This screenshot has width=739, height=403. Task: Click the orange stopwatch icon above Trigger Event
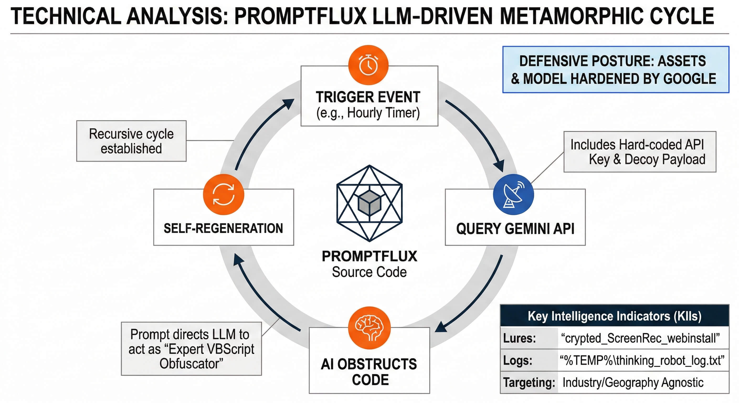368,65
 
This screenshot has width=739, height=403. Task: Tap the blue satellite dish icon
514,194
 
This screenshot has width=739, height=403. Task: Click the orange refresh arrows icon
224,194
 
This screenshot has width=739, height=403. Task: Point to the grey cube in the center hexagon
369,203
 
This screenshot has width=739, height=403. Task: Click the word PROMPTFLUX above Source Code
369,256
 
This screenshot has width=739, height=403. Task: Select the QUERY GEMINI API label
515,229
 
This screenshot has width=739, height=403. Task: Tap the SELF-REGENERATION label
223,229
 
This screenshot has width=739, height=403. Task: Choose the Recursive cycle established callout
131,141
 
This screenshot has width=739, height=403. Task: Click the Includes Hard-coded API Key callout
640,152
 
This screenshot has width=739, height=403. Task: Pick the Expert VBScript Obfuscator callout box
191,349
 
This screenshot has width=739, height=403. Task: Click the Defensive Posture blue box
615,70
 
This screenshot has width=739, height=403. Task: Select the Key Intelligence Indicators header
615,316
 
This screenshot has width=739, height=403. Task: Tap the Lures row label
520,338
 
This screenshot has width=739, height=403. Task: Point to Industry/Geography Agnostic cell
633,383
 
